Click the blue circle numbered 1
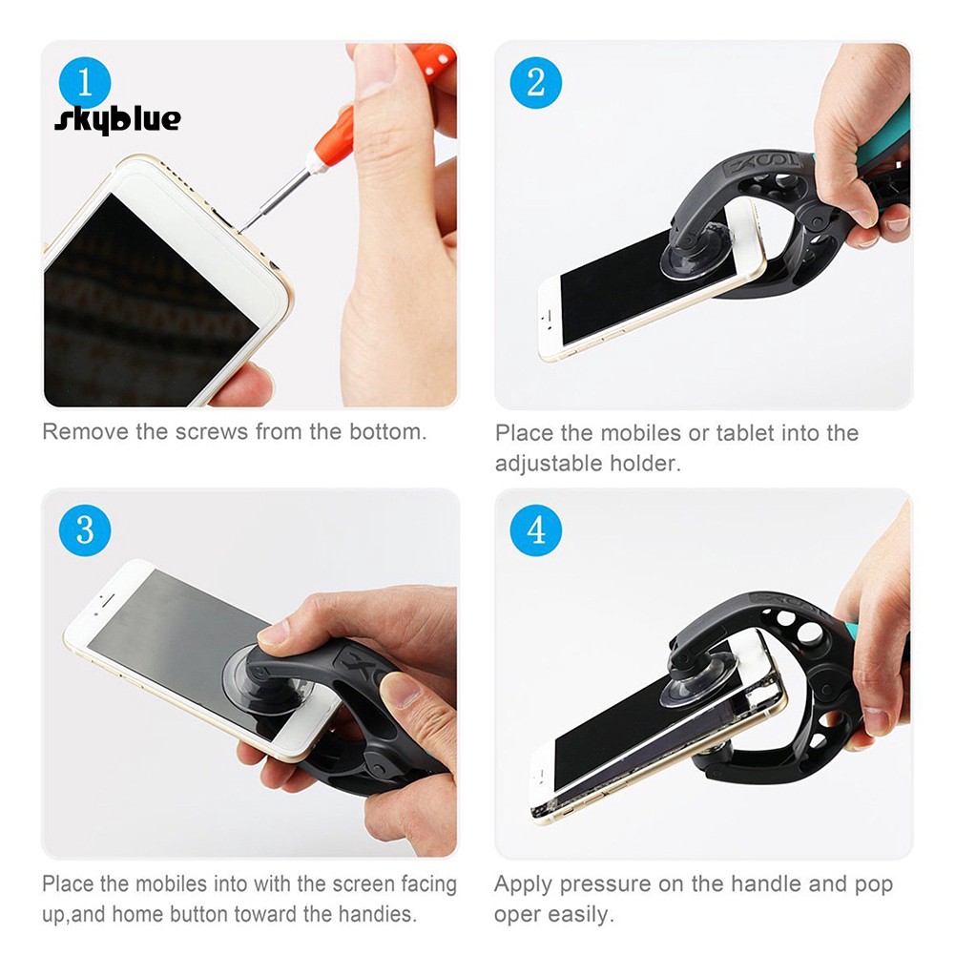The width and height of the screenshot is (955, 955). pos(84,83)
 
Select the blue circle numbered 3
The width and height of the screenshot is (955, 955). pos(85,529)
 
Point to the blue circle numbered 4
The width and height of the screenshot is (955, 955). pos(535,529)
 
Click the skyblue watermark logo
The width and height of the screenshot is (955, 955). pos(116,119)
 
